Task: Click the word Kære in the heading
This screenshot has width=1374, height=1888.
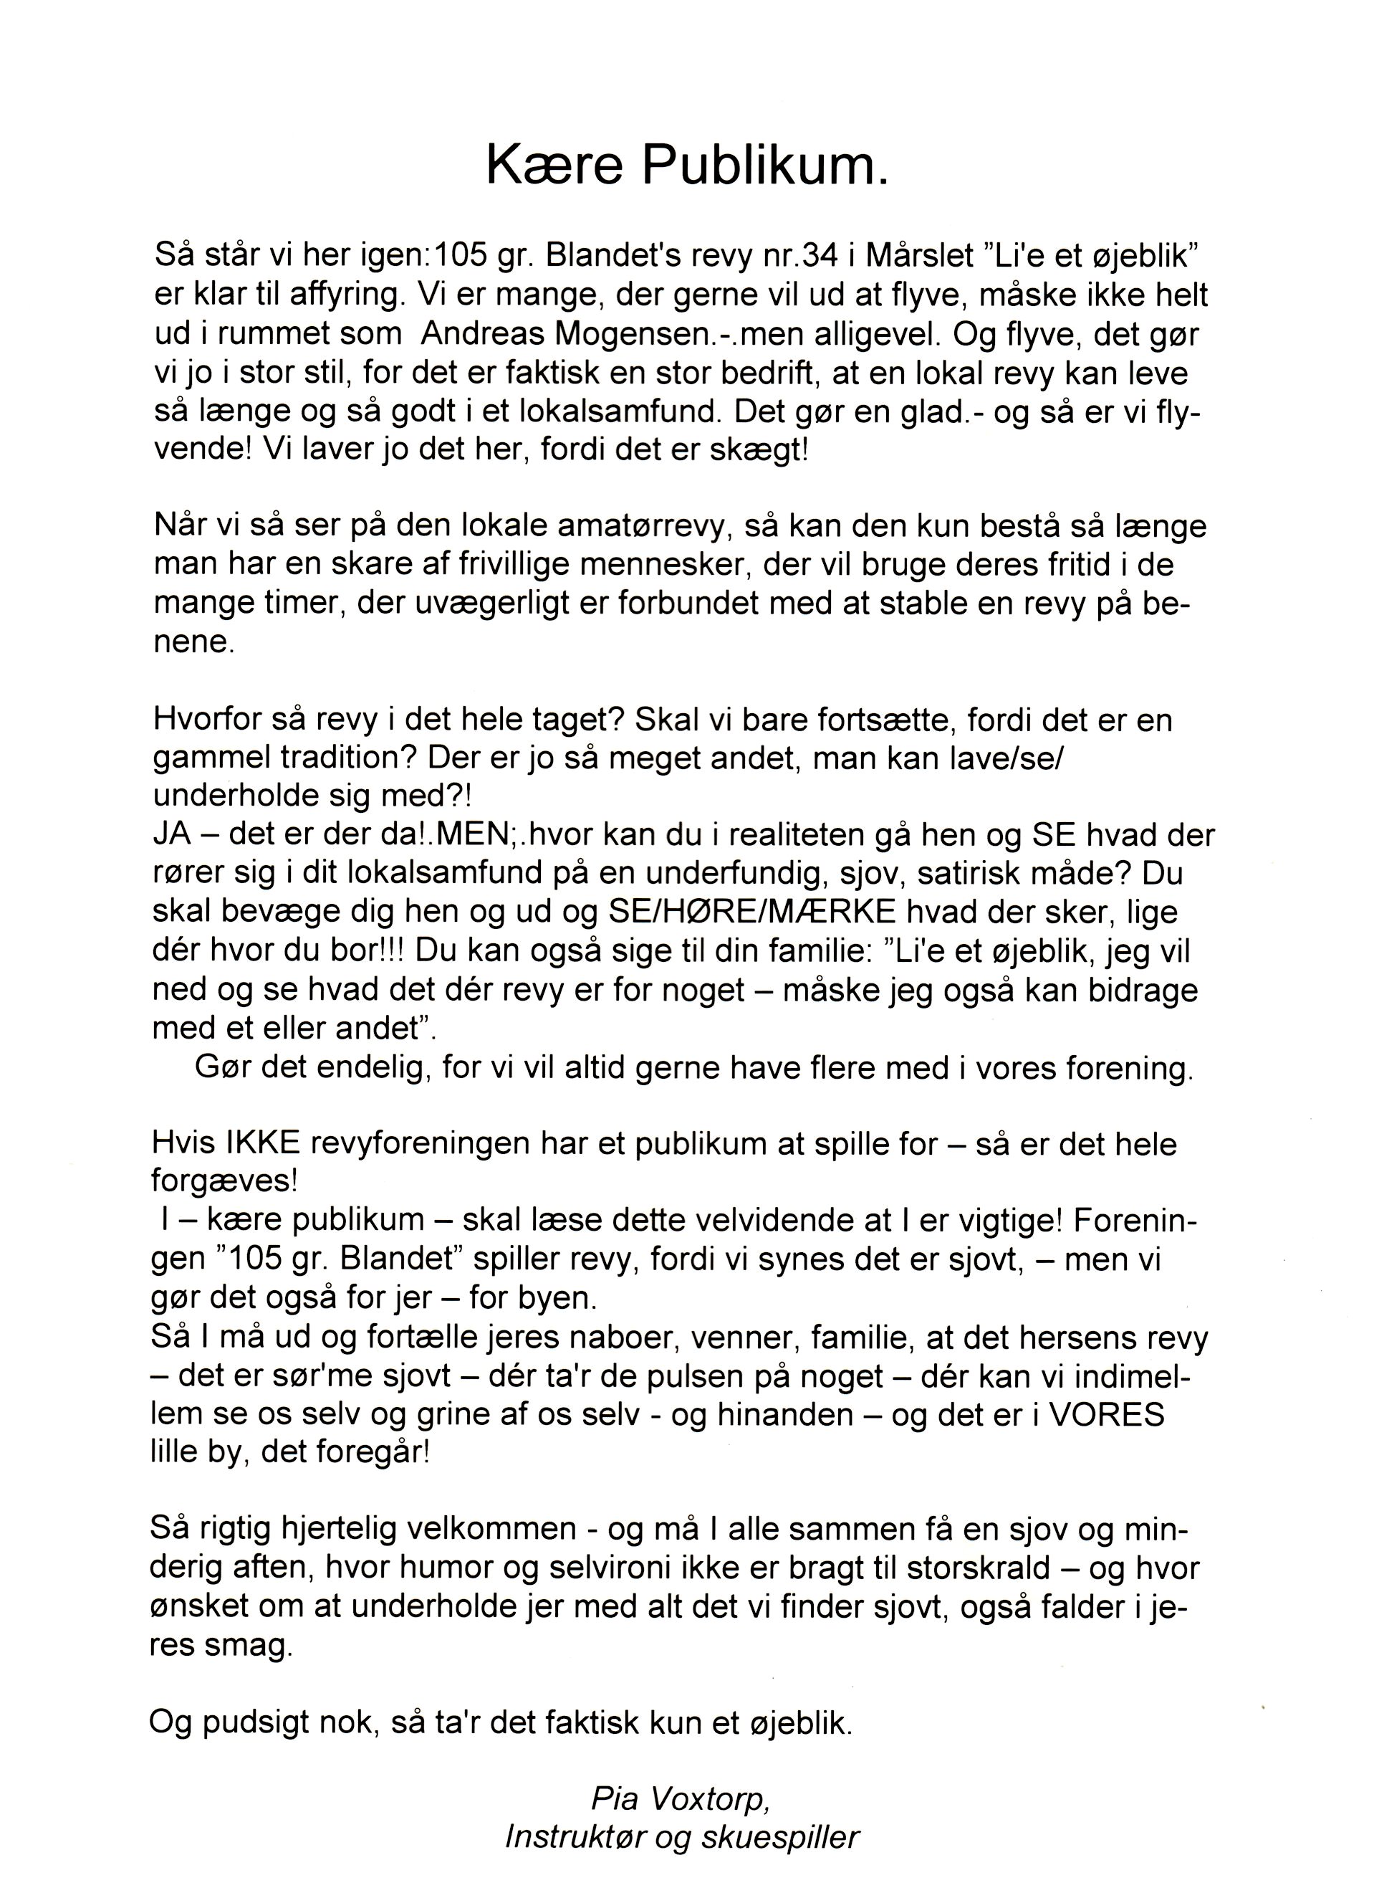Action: coord(554,166)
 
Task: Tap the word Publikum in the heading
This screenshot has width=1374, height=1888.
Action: coord(764,166)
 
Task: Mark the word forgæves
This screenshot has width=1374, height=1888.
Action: coord(224,1182)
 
